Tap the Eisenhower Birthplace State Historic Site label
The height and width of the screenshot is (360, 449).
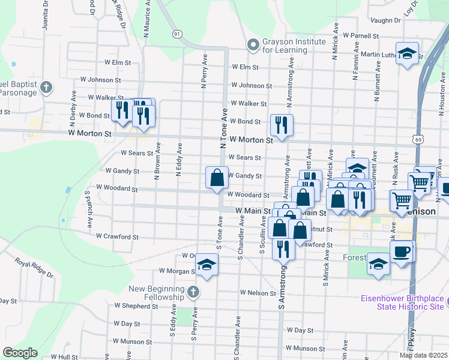coord(402,302)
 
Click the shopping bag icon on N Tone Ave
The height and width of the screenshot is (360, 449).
coord(217,178)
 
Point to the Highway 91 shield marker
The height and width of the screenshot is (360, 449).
coord(176,34)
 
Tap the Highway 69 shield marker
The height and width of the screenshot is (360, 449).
coord(418,139)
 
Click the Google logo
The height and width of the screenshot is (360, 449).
coord(20,352)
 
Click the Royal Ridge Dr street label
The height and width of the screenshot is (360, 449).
coord(34,268)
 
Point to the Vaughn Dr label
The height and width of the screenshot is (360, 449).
coord(385,20)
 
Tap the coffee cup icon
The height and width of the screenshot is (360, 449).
coord(403,251)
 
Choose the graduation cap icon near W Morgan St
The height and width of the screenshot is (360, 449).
coord(206,265)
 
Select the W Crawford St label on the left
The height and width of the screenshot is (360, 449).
coord(117,237)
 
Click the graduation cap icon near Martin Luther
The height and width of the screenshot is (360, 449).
coord(407,53)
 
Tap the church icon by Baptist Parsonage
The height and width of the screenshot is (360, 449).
coord(46,88)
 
